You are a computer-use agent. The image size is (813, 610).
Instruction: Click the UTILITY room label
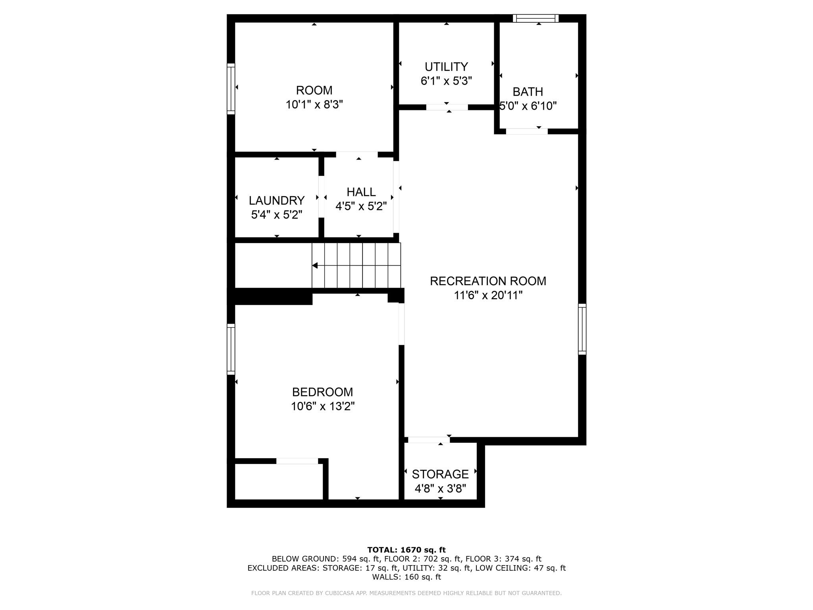[x=446, y=67]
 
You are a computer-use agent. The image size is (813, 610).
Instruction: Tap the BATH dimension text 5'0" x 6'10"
[x=528, y=106]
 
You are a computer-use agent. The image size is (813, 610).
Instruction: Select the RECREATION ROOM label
[x=488, y=281]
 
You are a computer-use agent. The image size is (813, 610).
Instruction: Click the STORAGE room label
[x=440, y=474]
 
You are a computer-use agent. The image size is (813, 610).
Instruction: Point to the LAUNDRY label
[x=277, y=200]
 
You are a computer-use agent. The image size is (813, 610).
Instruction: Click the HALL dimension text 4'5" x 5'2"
[x=361, y=207]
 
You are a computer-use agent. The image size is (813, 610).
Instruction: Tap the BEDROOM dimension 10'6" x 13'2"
[x=322, y=406]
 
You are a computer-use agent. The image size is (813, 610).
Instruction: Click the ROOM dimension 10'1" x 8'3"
[x=314, y=104]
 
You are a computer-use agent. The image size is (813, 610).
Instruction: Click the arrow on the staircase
[x=315, y=265]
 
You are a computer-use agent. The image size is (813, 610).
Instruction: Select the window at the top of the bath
[x=536, y=18]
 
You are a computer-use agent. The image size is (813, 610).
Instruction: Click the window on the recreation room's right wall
[x=582, y=329]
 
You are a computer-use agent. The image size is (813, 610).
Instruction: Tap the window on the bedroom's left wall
[x=231, y=349]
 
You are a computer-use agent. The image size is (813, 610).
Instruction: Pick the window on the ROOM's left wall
[x=231, y=89]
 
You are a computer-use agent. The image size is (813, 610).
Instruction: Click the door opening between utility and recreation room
[x=447, y=107]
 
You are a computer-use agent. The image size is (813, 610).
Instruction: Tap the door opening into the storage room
[x=429, y=440]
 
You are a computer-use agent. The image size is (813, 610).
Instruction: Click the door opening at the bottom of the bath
[x=527, y=131]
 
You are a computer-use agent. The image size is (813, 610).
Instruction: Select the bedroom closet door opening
[x=297, y=461]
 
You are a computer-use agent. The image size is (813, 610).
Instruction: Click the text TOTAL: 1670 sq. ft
[x=406, y=550]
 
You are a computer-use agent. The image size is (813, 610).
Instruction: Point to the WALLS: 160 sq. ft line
[x=406, y=577]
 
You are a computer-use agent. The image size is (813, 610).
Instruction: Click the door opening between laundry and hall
[x=321, y=197]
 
